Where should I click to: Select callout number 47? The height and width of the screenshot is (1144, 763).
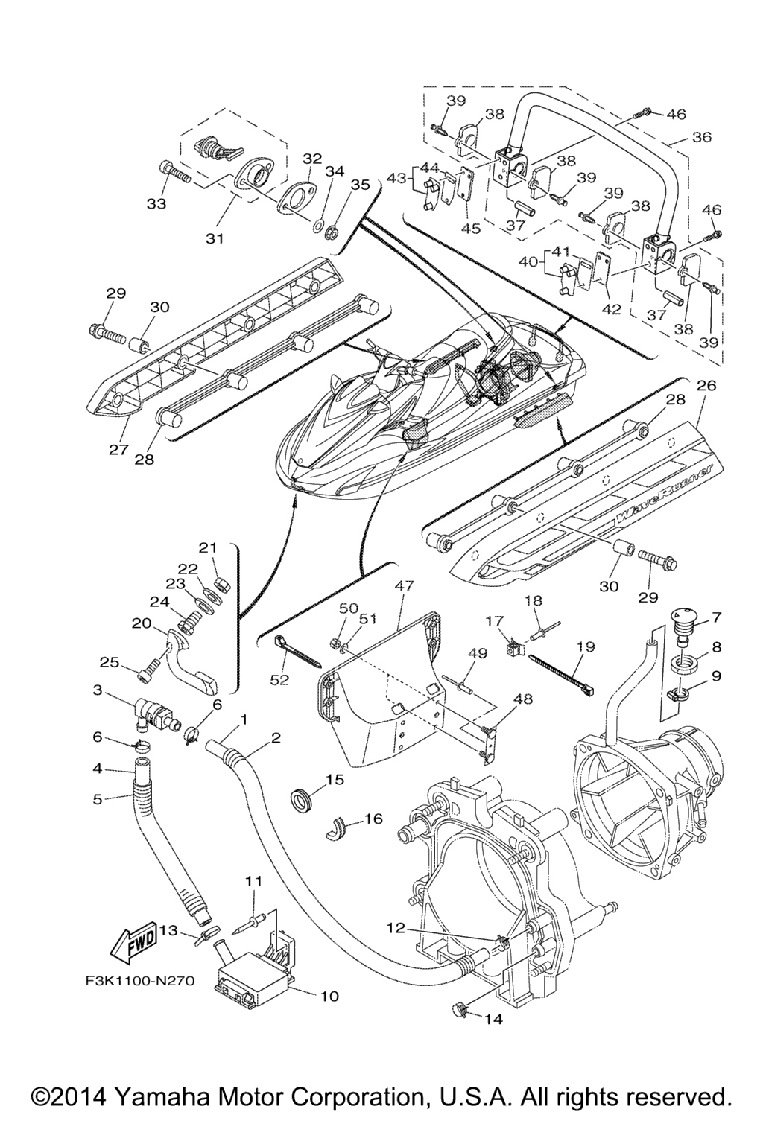(x=403, y=586)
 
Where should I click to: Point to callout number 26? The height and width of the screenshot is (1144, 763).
(x=706, y=385)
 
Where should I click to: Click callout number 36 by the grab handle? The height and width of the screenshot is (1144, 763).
(x=701, y=137)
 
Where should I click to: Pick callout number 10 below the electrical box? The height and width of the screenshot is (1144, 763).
(x=329, y=995)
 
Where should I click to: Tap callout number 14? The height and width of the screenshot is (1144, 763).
(x=493, y=1019)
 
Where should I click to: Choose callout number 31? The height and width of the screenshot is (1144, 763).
(x=215, y=238)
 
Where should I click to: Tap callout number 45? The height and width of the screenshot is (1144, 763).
(x=470, y=229)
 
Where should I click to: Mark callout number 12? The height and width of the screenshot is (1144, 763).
(x=396, y=927)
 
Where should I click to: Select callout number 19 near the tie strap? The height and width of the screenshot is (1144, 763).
(x=586, y=646)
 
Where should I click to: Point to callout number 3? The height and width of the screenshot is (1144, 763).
(x=98, y=690)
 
